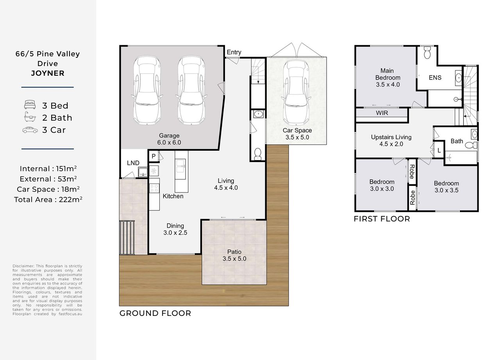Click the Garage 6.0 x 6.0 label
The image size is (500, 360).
point(169,139)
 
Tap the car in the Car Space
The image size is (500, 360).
point(296,92)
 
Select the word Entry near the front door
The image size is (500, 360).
point(234,52)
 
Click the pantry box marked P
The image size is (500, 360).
point(154,156)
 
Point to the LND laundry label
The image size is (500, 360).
point(133,163)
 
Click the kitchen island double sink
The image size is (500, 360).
point(180,166)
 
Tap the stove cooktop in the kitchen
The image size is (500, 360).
point(154,188)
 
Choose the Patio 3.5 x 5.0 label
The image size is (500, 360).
point(234,255)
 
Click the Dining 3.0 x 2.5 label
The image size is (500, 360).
point(175,229)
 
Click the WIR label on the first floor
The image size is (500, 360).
point(382,113)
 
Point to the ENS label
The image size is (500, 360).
point(435,78)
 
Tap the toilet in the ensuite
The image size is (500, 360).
point(427,53)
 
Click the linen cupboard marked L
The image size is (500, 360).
point(439,151)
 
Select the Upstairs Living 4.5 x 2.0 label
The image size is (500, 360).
point(391,141)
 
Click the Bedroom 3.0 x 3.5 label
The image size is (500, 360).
point(446,187)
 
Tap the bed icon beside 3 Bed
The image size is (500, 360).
point(30,105)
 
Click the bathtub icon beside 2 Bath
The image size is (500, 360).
point(30,117)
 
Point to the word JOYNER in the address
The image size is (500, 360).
point(48,73)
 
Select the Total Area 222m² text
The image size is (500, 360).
point(48,200)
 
